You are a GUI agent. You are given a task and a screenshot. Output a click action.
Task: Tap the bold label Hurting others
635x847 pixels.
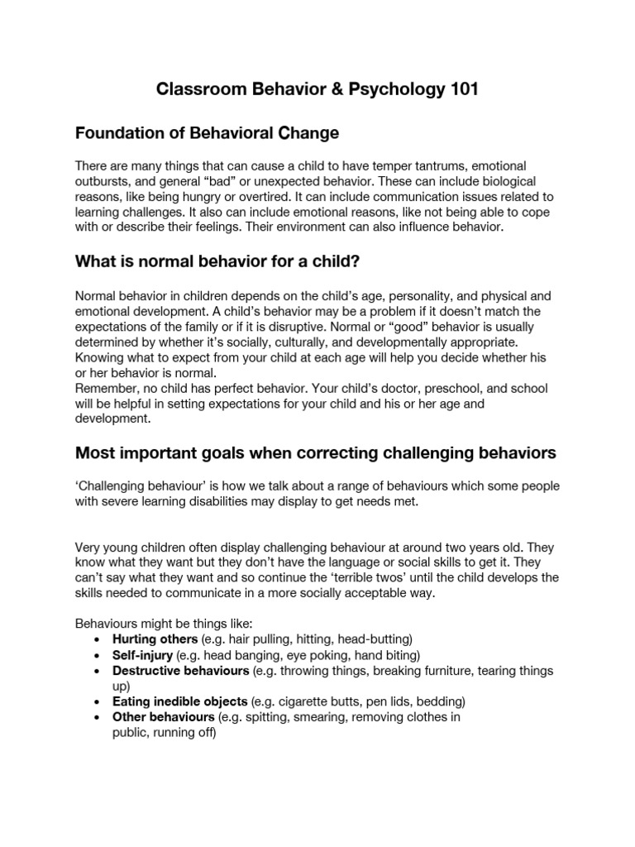click(155, 639)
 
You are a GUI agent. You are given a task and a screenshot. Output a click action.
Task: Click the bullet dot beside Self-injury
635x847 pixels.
click(99, 655)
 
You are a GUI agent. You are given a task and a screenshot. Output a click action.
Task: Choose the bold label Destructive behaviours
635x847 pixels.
click(181, 670)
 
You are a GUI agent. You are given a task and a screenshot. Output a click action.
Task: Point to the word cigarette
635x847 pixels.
click(307, 701)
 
